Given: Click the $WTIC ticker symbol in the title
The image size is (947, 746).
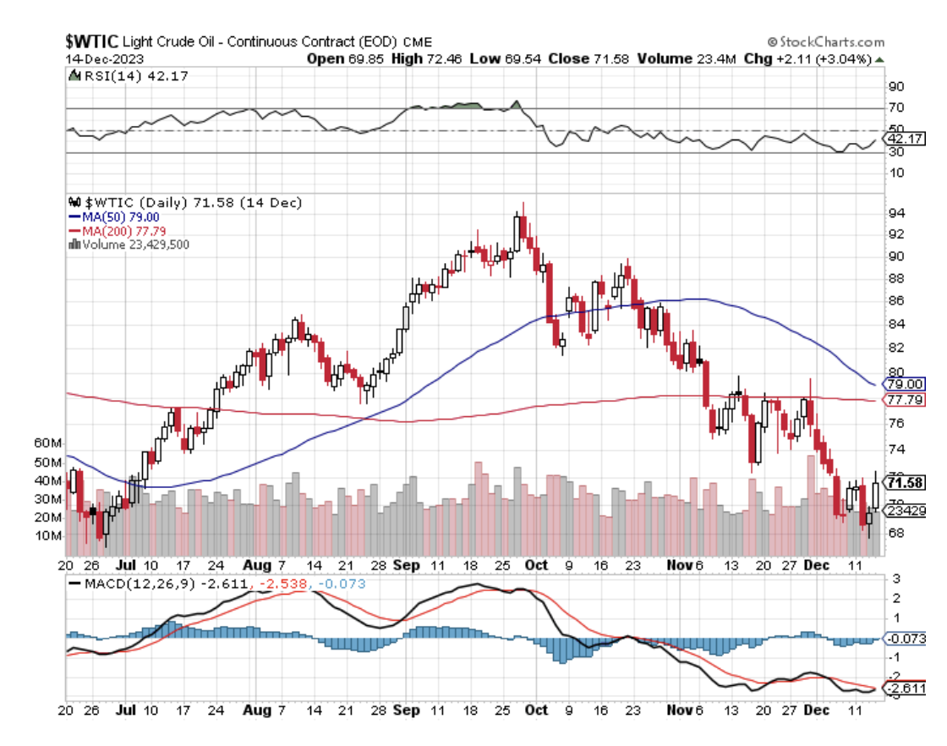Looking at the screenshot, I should coord(92,41).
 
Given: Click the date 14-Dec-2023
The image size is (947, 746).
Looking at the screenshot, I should coord(104,58).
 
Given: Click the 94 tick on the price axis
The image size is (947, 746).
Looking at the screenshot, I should coord(895,211).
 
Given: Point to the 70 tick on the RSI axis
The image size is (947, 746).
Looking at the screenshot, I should coord(895,108).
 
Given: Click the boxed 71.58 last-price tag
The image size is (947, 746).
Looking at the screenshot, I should coord(904,482).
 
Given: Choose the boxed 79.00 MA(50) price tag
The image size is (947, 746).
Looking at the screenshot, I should coord(903,383).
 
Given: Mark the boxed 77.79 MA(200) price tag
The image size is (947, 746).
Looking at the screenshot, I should coord(903,398).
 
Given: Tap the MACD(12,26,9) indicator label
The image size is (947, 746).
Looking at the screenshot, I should coord(132,583).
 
